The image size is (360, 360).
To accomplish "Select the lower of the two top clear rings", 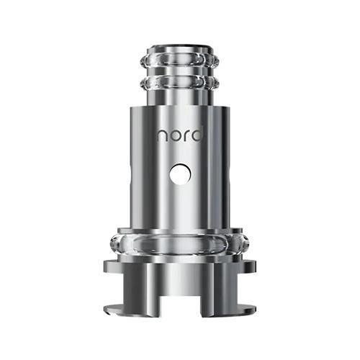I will pos(180,83).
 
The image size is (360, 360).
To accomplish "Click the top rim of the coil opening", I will pos(180,47).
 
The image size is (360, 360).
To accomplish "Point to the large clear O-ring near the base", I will pos(180,244).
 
